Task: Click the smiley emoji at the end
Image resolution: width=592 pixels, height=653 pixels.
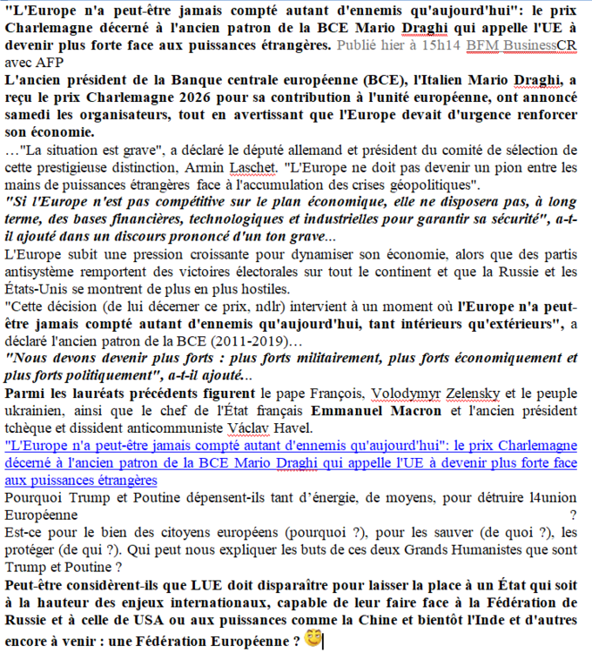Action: tap(313, 638)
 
